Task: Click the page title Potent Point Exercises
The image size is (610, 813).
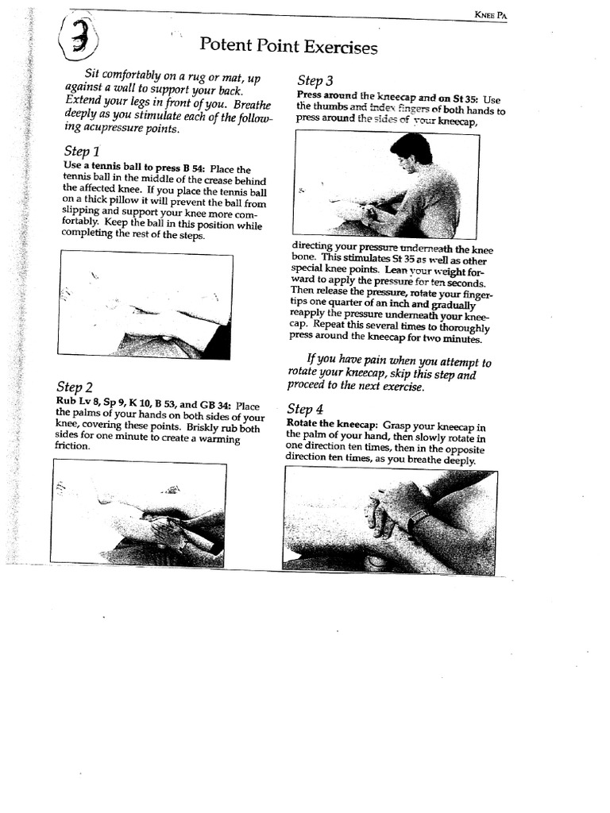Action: click(x=288, y=46)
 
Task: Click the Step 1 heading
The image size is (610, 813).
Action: click(x=81, y=151)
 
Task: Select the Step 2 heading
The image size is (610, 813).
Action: click(x=75, y=387)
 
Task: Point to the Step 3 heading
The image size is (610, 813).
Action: click(x=315, y=80)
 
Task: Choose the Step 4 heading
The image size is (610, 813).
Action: click(x=305, y=409)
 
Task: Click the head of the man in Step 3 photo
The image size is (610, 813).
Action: click(x=411, y=152)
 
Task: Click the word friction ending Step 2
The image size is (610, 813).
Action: click(x=72, y=446)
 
